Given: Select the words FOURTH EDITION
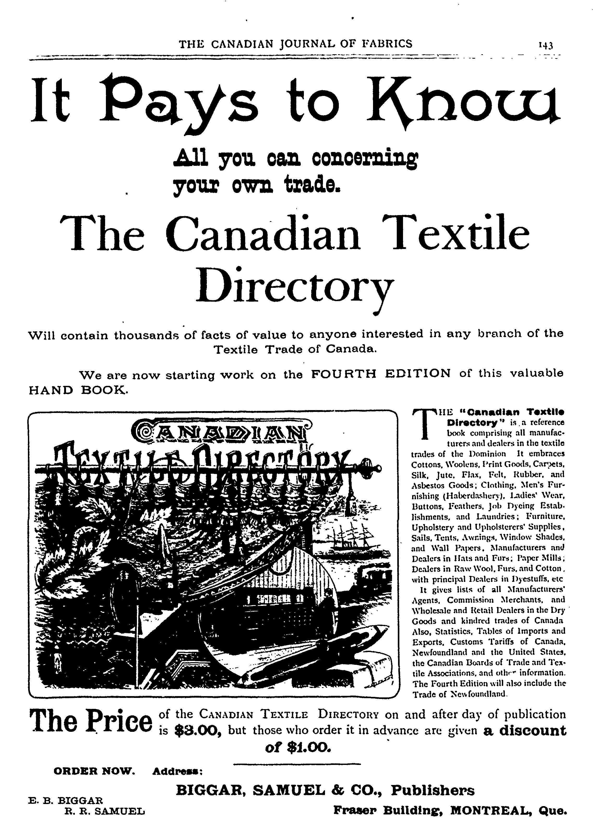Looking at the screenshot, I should [381, 374].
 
